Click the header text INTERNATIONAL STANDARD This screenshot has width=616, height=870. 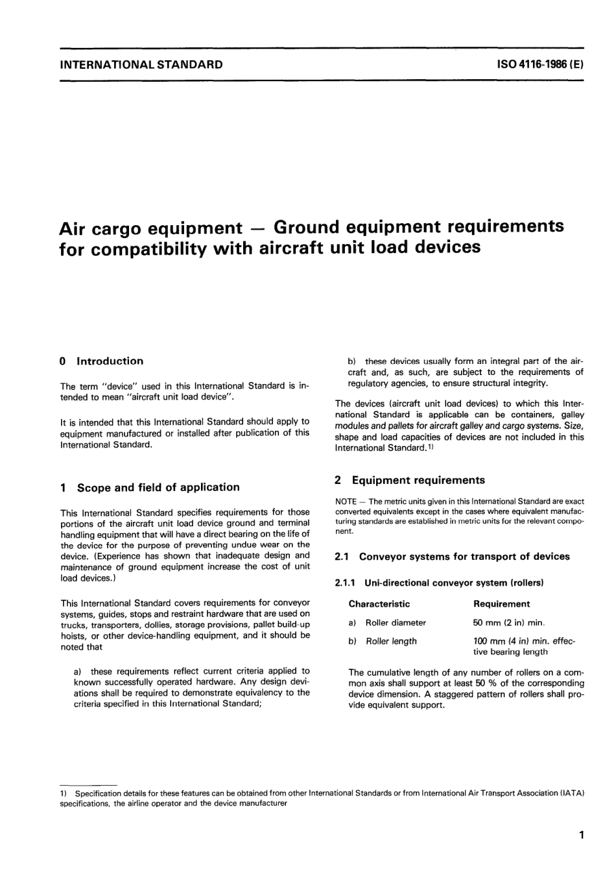pyautogui.click(x=141, y=65)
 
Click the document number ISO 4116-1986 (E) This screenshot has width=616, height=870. pyautogui.click(x=539, y=65)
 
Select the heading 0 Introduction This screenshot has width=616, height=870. pyautogui.click(x=101, y=361)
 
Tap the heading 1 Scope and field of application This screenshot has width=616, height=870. pyautogui.click(x=149, y=487)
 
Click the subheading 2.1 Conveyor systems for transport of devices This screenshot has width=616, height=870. pyautogui.click(x=452, y=557)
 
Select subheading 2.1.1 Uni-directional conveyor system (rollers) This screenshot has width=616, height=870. pyautogui.click(x=439, y=583)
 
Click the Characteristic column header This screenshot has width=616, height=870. pyautogui.click(x=379, y=604)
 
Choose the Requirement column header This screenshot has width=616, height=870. pyautogui.click(x=501, y=604)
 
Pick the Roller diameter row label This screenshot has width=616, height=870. pyautogui.click(x=396, y=623)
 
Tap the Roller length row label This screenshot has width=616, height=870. pyautogui.click(x=391, y=642)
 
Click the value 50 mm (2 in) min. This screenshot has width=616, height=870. pyautogui.click(x=509, y=623)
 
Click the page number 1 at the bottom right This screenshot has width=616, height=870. pyautogui.click(x=582, y=836)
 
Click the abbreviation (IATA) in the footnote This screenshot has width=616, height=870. pyautogui.click(x=572, y=793)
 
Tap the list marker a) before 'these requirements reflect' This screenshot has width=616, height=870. pyautogui.click(x=78, y=671)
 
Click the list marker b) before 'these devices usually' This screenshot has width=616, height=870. pyautogui.click(x=353, y=361)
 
